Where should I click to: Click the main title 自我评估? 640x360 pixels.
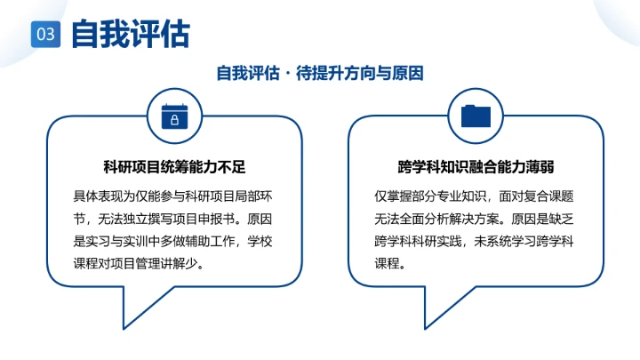coord(130,34)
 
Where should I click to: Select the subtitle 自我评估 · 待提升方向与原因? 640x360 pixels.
coord(320,73)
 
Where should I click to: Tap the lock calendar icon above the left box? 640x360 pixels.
coord(174,116)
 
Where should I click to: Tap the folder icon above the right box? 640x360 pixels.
coord(476,116)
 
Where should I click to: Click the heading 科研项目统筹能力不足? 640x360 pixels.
coord(174,167)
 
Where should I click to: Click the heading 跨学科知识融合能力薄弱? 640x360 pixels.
coord(476,167)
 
